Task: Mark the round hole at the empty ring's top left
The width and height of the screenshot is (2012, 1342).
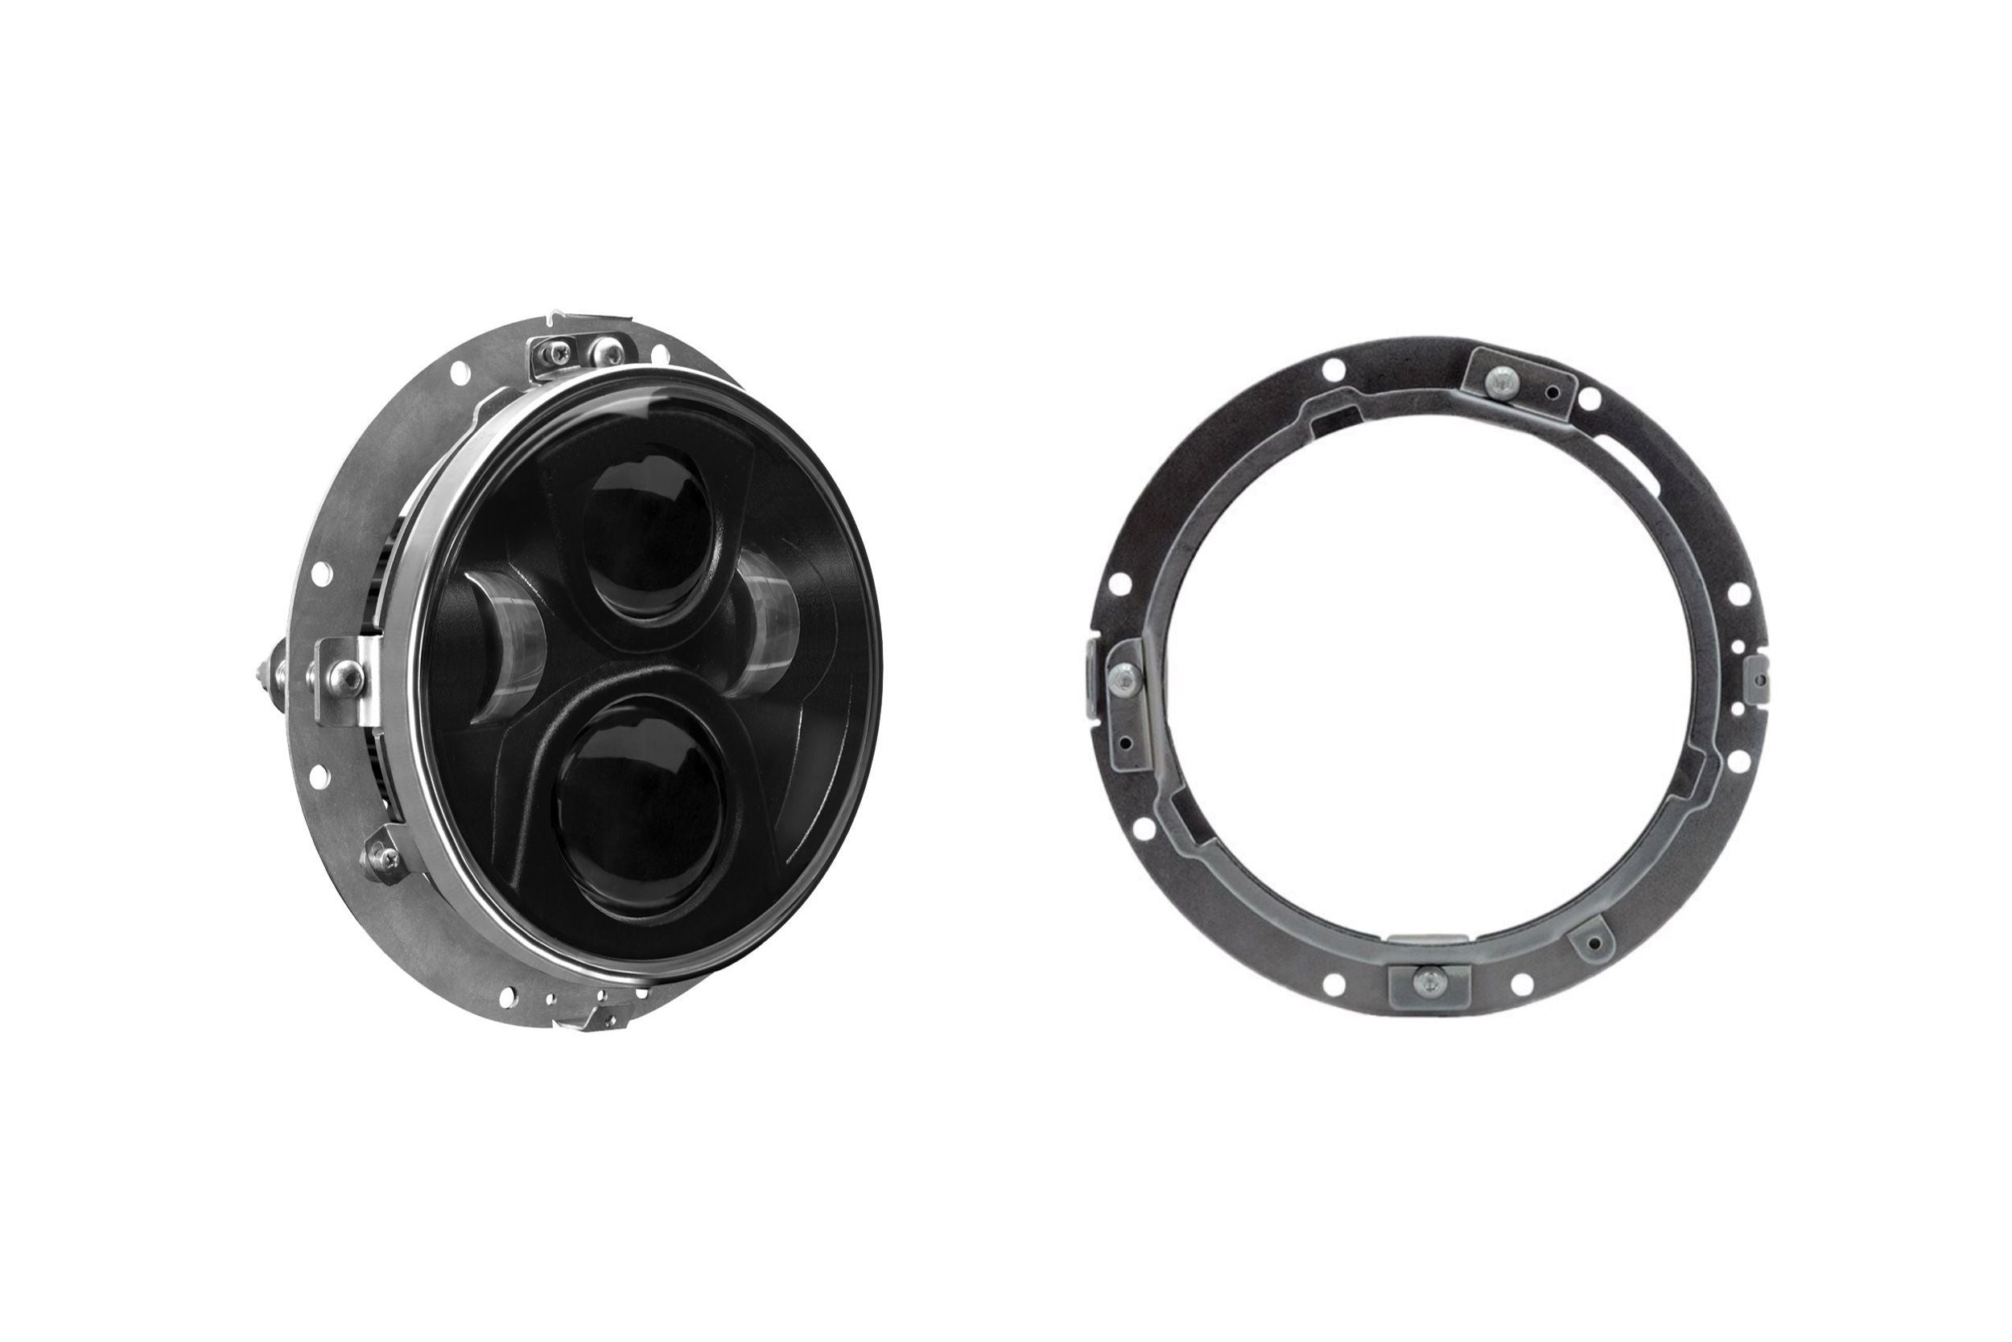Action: [1332, 370]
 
